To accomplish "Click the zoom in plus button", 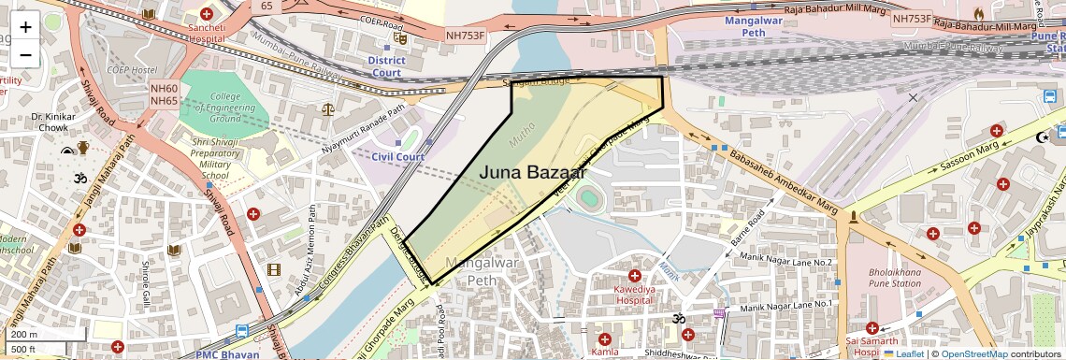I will click(25, 27).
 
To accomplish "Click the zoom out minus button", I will click(25, 55).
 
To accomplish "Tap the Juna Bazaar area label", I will click(533, 172).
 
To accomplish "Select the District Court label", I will click(386, 66).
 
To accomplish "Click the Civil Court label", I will click(397, 157).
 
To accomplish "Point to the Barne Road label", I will click(748, 231).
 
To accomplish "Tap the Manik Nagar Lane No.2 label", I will click(785, 262).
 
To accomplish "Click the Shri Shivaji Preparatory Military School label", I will click(214, 159).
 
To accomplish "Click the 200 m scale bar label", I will click(24, 335).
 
